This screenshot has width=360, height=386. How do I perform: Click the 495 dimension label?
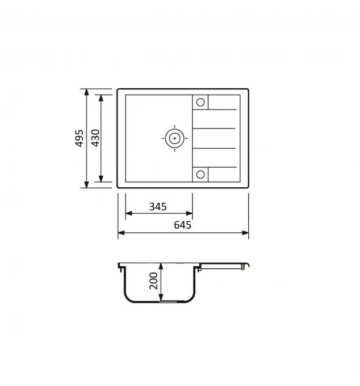tap(79, 138)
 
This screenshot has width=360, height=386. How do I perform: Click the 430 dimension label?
tap(95, 138)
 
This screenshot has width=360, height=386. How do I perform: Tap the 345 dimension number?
tap(158, 207)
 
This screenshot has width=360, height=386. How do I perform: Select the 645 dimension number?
tap(183, 225)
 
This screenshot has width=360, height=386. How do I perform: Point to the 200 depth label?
tap(154, 281)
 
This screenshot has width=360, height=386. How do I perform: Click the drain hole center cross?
tap(175, 138)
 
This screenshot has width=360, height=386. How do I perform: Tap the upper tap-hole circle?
tap(200, 102)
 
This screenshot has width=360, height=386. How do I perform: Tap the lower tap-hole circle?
tap(200, 175)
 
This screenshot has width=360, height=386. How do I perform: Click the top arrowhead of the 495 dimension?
tap(86, 92)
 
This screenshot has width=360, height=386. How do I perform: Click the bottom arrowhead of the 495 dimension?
tap(86, 184)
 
